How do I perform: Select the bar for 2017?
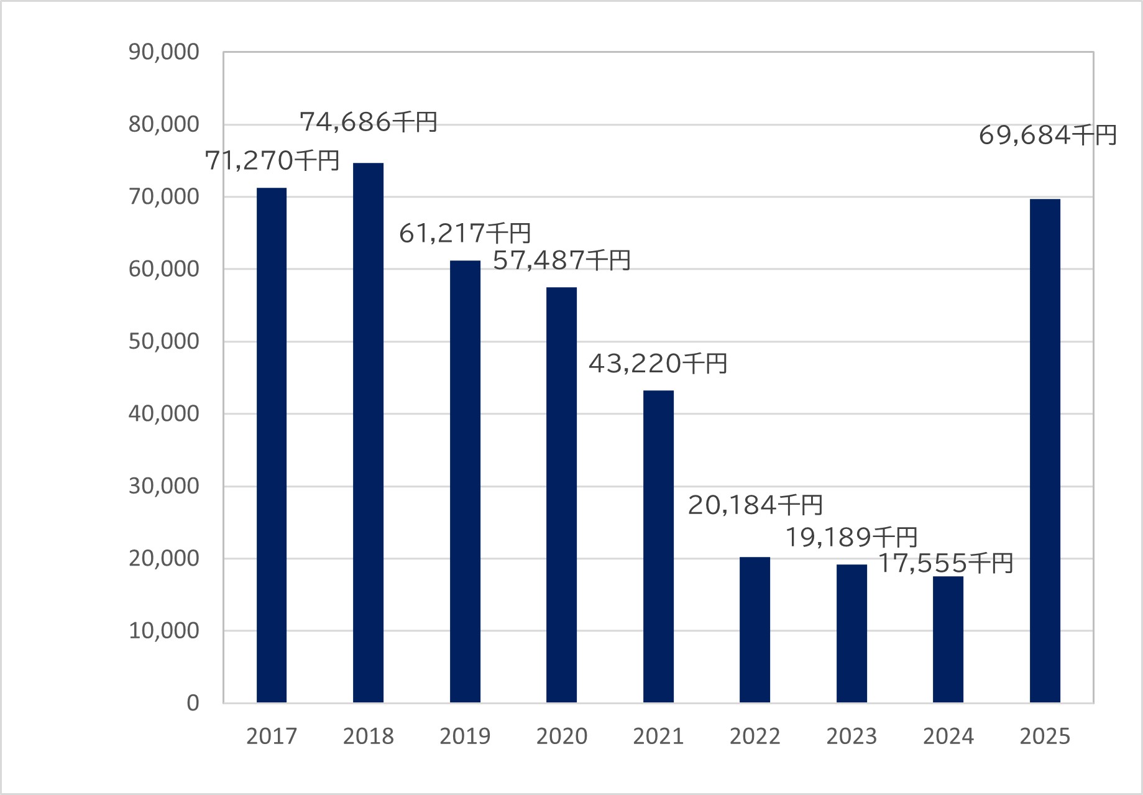[x=272, y=445]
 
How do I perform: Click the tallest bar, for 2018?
[x=368, y=433]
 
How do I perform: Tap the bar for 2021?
[x=658, y=546]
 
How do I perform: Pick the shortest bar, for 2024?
[x=948, y=640]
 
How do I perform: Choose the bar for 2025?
[x=1045, y=451]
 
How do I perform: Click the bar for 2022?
[x=755, y=630]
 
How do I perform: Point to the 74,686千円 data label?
[x=369, y=122]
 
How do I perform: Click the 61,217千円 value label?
[x=465, y=233]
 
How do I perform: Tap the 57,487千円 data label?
[x=562, y=260]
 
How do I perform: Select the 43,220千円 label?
[x=658, y=363]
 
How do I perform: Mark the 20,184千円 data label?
[x=755, y=505]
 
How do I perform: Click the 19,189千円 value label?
[x=852, y=537]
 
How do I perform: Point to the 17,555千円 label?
[x=945, y=563]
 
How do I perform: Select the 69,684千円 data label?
[x=1048, y=135]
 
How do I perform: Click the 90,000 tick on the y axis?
[x=164, y=52]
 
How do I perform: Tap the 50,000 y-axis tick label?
[x=164, y=342]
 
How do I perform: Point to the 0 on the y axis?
[x=193, y=703]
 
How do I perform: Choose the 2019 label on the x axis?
[x=465, y=737]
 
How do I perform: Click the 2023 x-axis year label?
[x=852, y=737]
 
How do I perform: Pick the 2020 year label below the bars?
[x=562, y=737]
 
